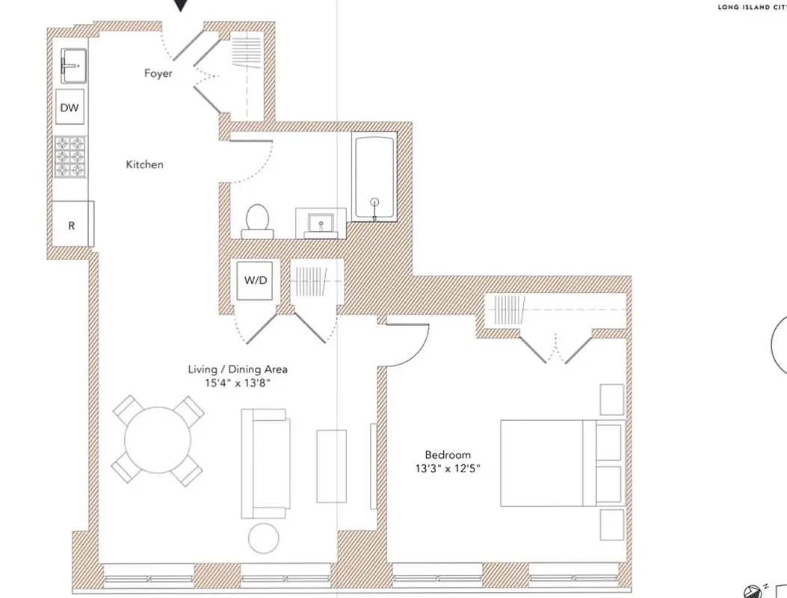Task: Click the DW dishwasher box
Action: pos(70,108)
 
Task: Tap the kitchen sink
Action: pos(73,66)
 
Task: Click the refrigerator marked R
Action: pos(72,225)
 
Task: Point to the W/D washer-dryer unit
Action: pos(255,280)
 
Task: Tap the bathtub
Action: pos(374,177)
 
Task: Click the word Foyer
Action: pos(158,73)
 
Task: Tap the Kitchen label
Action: pos(144,164)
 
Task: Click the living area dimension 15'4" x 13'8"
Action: pos(238,383)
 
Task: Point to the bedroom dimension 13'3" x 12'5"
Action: pos(448,469)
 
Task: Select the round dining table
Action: pos(158,440)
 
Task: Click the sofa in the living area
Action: pos(265,463)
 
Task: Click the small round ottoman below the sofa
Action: pos(263,537)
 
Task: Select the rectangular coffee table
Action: pos(331,466)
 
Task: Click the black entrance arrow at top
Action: pos(180,6)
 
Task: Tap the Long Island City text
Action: pos(750,8)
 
